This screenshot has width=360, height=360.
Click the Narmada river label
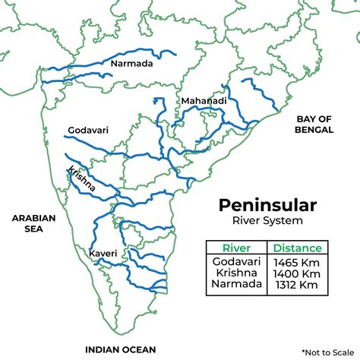(x=131, y=64)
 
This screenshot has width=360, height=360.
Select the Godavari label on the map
(x=88, y=131)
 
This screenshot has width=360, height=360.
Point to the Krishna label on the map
(x=81, y=178)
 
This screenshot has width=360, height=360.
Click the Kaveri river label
(x=102, y=252)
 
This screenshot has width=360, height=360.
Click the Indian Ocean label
(x=120, y=349)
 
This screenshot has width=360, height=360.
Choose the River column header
(x=235, y=248)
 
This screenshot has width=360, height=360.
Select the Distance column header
(x=297, y=248)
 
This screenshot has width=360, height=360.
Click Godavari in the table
(x=235, y=261)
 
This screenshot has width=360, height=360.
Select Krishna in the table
(x=235, y=273)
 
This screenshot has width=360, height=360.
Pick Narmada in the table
(x=235, y=285)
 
